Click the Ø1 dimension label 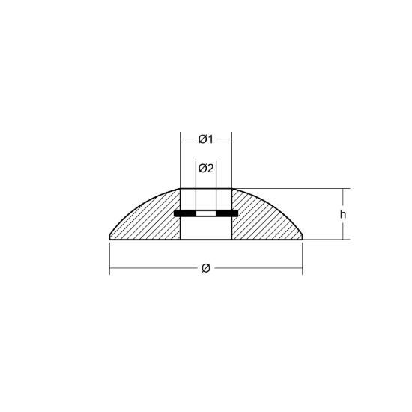206,139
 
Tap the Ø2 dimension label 206,168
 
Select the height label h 343,215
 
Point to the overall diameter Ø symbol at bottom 206,268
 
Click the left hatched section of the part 152,221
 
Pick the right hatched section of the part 260,221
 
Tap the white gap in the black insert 206,213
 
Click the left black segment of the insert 185,213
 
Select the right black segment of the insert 227,213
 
